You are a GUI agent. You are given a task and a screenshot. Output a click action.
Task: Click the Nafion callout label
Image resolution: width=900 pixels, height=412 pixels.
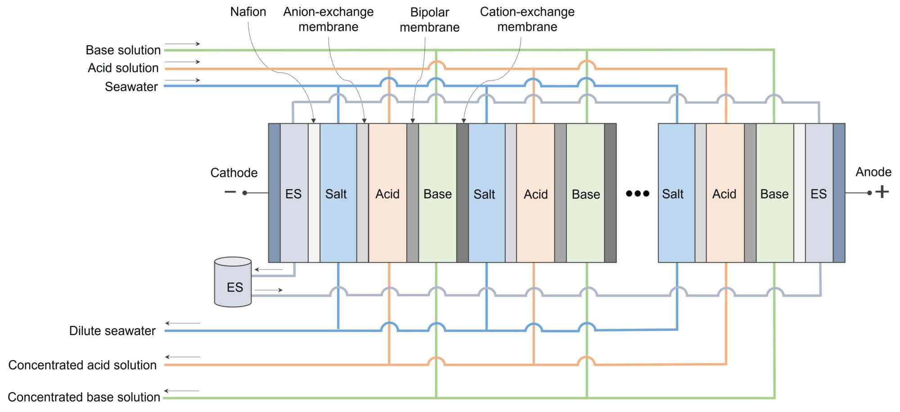(x=248, y=12)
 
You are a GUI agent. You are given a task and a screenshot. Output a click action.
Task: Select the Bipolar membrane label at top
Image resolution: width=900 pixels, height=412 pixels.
(x=429, y=20)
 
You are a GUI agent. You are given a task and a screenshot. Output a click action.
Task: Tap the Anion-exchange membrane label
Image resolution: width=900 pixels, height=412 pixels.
(x=328, y=19)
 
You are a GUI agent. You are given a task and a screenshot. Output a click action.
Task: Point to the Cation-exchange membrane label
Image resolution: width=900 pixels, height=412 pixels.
(x=527, y=19)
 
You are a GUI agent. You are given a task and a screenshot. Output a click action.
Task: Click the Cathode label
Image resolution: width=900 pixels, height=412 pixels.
(x=234, y=173)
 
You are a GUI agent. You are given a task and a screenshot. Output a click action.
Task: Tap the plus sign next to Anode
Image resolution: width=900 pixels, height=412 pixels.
(x=882, y=192)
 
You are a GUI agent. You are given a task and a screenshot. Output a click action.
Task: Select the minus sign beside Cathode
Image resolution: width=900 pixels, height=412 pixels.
(x=230, y=192)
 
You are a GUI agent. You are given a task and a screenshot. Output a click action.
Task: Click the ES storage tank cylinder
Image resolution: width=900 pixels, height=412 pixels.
(x=233, y=282)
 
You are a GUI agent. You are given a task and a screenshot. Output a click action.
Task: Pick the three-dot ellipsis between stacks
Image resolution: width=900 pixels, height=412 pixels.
(x=637, y=194)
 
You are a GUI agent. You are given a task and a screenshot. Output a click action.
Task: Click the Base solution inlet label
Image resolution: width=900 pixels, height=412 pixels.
(x=123, y=50)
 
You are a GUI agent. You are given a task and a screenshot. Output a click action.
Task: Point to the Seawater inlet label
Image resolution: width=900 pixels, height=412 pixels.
(x=131, y=87)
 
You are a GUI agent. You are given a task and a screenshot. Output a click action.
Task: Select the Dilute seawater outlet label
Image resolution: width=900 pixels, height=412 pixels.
(x=112, y=331)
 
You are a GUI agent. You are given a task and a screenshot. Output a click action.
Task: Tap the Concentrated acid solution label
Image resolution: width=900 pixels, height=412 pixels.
(x=82, y=365)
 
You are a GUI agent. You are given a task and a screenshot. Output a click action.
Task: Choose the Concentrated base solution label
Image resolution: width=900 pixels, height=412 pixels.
(x=84, y=397)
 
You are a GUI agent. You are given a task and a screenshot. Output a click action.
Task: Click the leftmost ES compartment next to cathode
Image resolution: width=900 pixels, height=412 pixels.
(x=293, y=194)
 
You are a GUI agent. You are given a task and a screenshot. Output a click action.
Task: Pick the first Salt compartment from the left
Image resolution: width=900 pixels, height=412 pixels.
(x=337, y=194)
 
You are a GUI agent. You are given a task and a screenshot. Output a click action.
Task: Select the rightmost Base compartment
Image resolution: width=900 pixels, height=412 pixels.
(x=774, y=194)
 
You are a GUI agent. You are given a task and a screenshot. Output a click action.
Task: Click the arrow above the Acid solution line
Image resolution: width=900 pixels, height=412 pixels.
(x=182, y=62)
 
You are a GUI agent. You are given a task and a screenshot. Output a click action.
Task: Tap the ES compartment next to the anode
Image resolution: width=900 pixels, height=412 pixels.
(x=819, y=194)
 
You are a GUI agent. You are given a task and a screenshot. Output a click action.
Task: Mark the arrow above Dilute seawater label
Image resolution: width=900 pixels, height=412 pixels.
(x=182, y=323)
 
